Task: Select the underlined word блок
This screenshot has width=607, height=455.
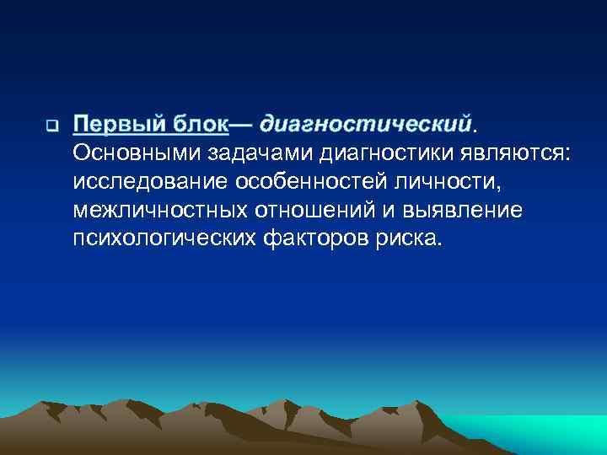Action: point(201,125)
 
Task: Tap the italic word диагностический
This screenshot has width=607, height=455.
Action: point(364,125)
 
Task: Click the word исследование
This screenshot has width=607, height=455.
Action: point(145,181)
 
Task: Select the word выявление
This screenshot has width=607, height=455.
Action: point(465,209)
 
